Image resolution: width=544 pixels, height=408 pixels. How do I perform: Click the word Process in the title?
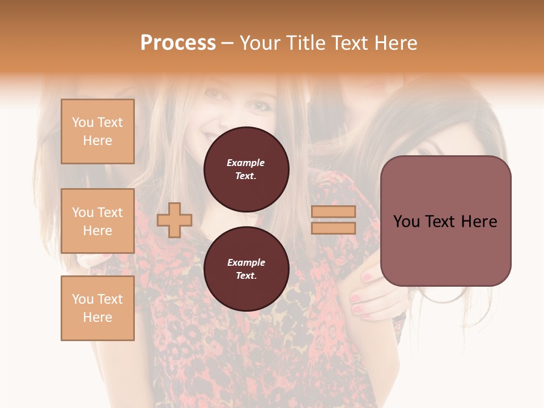[178, 43]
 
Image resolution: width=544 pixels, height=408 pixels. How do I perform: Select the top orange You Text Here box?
[97, 131]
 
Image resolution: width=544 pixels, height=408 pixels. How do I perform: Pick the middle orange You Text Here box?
[97, 221]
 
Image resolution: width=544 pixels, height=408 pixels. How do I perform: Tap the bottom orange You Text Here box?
[97, 308]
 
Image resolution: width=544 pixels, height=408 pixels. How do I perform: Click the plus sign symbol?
[175, 220]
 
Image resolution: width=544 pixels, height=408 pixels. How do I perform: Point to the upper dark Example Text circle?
[246, 169]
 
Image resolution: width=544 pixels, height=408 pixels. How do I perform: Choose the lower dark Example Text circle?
[246, 269]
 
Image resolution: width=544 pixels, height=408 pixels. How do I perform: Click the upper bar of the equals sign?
[334, 212]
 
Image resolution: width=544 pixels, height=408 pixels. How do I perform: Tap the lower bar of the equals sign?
[334, 228]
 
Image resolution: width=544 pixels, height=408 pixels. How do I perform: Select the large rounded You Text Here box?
[445, 221]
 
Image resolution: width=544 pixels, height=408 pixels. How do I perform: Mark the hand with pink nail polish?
[371, 295]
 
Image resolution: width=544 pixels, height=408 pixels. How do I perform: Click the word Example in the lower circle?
[246, 262]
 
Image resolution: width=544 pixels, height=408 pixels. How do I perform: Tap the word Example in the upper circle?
[246, 163]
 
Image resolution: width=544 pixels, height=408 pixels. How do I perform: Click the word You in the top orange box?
[83, 122]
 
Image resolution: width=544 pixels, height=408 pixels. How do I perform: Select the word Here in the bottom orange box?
[97, 317]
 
